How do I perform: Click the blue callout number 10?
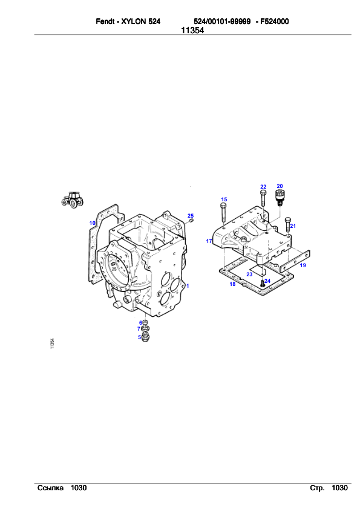[93, 223]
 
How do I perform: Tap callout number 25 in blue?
[191, 216]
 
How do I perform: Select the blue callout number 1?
[188, 286]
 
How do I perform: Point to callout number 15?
[224, 199]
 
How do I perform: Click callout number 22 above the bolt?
[263, 187]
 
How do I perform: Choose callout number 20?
[280, 186]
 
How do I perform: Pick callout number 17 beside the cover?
[209, 241]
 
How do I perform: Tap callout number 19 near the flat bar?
[303, 265]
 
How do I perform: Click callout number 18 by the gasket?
[232, 284]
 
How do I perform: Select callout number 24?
[267, 281]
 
